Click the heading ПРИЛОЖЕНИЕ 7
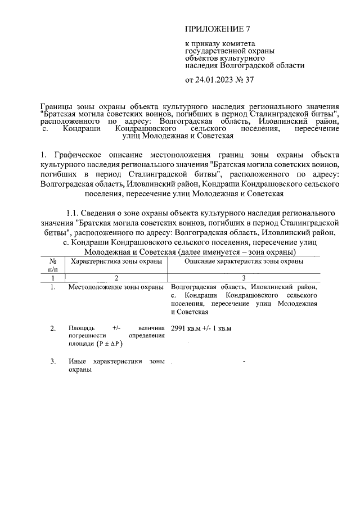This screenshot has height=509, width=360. pyautogui.click(x=217, y=29)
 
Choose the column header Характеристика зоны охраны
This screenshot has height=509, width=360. pyautogui.click(x=115, y=262)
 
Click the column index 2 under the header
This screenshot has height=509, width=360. pyautogui.click(x=116, y=278)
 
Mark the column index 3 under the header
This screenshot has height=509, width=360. pyautogui.click(x=244, y=278)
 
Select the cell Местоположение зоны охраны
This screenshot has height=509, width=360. pyautogui.click(x=116, y=287)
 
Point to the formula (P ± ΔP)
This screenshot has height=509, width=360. pyautogui.click(x=111, y=344)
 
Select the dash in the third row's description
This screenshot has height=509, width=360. pyautogui.click(x=244, y=361)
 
